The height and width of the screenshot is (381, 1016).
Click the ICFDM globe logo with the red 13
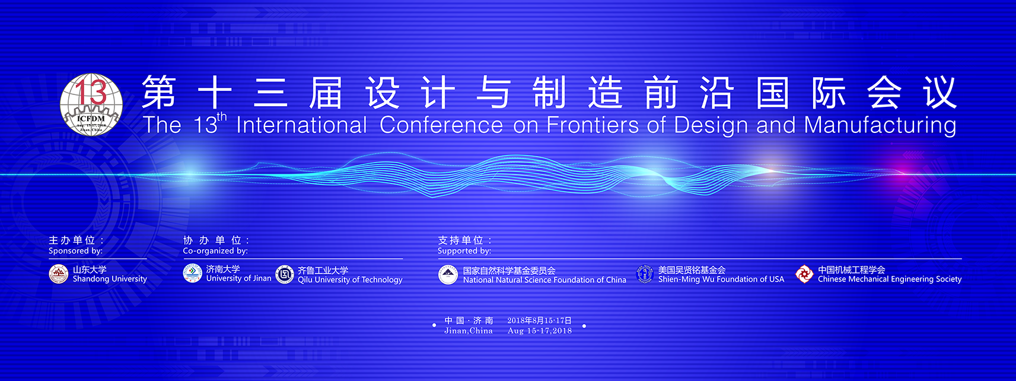pos(91,105)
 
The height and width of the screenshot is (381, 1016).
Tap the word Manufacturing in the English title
pos(880,126)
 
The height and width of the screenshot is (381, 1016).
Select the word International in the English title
pos(301,125)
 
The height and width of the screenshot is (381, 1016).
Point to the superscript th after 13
pos(221,117)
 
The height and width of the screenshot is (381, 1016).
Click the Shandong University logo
pos(59,274)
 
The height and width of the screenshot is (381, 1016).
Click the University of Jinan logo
pos(192,274)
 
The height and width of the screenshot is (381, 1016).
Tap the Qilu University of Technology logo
pos(285,274)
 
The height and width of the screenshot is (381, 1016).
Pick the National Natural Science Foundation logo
pos(448,275)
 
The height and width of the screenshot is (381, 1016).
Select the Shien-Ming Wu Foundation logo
pos(645,274)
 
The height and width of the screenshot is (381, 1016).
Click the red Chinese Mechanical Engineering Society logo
pos(804,274)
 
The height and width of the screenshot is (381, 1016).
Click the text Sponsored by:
pos(76,251)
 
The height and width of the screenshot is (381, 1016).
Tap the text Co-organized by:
pos(215,251)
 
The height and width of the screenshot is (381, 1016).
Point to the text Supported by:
pos(464,251)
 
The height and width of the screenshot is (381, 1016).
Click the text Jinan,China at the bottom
pos(469,331)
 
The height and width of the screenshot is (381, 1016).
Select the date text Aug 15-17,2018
pos(540,331)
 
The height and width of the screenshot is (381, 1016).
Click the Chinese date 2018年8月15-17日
pos(539,320)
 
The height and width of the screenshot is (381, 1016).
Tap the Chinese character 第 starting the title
pos(159,93)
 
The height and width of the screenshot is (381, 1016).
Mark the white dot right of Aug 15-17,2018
pos(584,326)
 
